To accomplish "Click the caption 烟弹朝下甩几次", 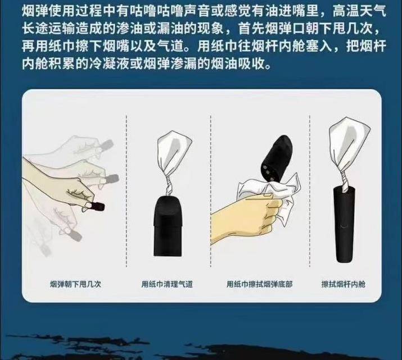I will pyautogui.click(x=75, y=284).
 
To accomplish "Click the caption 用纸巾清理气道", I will pyautogui.click(x=166, y=284).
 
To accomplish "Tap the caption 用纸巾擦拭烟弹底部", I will pyautogui.click(x=259, y=284).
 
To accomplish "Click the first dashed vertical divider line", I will pyautogui.click(x=126, y=191).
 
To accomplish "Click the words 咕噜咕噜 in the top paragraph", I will pyautogui.click(x=148, y=11).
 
